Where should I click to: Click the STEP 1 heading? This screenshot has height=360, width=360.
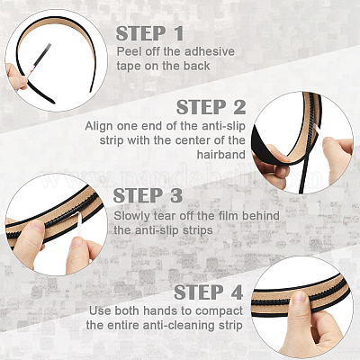[149, 33]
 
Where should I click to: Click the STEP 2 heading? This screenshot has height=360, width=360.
[211, 107]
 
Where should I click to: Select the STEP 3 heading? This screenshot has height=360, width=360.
[148, 195]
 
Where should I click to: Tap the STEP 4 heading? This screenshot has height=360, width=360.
[209, 292]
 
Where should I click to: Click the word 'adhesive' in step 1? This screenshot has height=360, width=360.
[210, 51]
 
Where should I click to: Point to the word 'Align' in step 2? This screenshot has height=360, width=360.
[99, 126]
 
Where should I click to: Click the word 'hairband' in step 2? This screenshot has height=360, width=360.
[221, 155]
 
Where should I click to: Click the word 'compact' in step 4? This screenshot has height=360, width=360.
[219, 311]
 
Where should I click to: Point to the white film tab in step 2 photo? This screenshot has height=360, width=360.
[318, 132]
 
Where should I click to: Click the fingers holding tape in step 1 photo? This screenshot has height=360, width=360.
[15, 76]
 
